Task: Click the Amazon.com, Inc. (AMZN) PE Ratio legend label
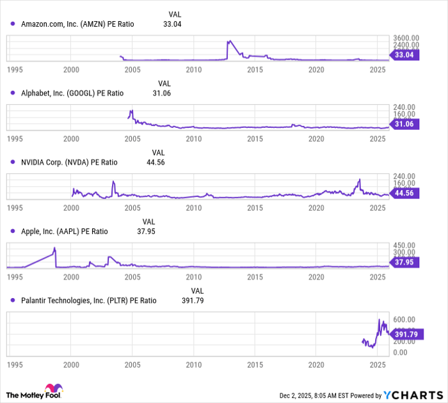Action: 76,24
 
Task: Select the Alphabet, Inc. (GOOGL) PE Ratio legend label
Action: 72,93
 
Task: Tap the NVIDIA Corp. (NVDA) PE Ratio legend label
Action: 69,162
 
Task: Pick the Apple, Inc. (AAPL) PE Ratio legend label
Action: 65,232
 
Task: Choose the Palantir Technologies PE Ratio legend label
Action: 88,301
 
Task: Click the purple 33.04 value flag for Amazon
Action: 405,56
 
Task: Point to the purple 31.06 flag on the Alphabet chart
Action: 405,124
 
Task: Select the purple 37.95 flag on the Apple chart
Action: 405,262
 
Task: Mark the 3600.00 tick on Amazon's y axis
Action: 406,39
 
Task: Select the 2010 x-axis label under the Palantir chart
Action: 194,364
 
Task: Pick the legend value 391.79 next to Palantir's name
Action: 191,301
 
